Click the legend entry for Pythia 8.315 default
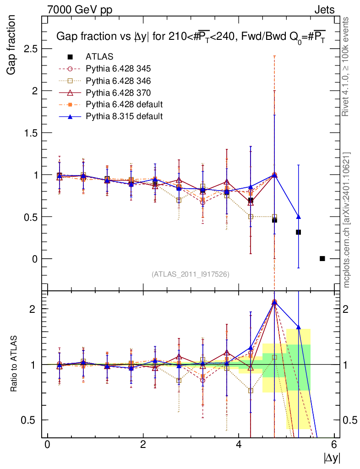tap(124, 116)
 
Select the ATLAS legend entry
tap(99, 57)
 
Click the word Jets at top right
tap(324, 10)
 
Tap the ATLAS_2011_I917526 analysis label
tap(191, 274)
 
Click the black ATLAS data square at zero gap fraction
tap(322, 259)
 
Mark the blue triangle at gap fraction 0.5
tap(298, 217)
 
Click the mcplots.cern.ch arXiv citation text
tap(347, 220)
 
